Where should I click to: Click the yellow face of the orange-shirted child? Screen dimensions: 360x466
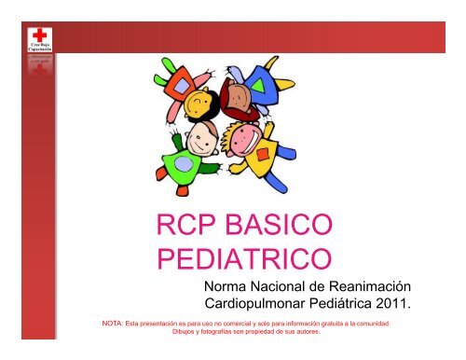pyautogui.click(x=198, y=100)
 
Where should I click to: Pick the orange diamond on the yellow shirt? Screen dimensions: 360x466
pyautogui.click(x=267, y=152)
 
